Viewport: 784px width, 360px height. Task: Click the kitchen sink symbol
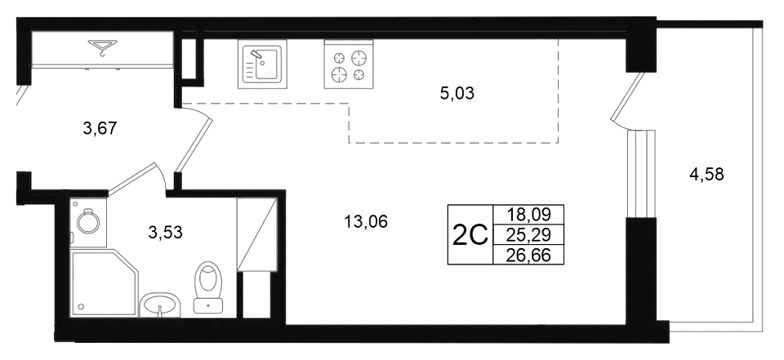click(262, 64)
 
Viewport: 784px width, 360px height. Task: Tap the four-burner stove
click(349, 64)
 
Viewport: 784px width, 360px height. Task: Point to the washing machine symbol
click(88, 223)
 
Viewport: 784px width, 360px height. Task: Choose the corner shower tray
click(104, 282)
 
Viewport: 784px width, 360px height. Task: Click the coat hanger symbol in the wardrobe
click(103, 47)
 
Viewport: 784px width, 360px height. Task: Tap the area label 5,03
click(457, 93)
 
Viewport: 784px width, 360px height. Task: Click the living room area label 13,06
click(366, 220)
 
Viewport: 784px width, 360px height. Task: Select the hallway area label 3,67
click(100, 128)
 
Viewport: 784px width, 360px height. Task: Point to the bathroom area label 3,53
click(165, 232)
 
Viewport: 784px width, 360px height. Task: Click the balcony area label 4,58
click(706, 175)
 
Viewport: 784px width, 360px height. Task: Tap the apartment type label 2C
click(470, 235)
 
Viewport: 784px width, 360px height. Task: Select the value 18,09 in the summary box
click(528, 215)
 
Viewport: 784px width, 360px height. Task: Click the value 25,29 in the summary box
click(528, 234)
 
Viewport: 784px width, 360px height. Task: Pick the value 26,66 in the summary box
click(528, 255)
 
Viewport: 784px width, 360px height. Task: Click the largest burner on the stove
click(358, 57)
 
